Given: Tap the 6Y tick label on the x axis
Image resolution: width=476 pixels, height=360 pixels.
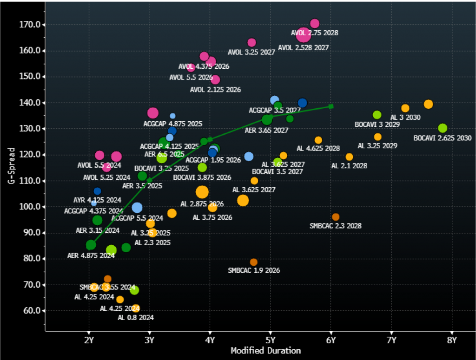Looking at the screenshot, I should coord(331,340).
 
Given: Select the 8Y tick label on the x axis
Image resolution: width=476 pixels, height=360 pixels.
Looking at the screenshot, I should coord(452,340).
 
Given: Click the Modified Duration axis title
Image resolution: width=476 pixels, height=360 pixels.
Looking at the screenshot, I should coord(265,351).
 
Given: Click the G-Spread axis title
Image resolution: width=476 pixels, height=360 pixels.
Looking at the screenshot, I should coord(11,166).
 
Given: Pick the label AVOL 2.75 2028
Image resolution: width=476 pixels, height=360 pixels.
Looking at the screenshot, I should coord(314,33).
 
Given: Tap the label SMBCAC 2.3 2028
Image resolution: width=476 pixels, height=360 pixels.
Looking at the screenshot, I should coord(335,226).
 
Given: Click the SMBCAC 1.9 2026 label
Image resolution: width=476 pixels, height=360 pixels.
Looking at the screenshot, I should coord(254,270).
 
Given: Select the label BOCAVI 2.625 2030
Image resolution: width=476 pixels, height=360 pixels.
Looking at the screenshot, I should coord(443,138).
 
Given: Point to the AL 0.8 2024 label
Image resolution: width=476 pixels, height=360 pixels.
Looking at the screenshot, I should coord(135,318).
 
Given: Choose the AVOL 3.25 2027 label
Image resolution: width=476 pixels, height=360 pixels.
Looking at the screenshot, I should coord(251,52).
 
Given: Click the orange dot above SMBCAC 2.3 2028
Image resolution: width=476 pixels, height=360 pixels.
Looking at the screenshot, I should coord(336,217).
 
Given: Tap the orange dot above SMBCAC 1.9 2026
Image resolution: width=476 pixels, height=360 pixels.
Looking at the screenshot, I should coord(253,262).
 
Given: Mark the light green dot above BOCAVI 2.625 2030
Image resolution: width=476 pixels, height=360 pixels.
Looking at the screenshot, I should coord(443,128).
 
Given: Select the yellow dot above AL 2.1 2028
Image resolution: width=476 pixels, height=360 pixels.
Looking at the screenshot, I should coord(349,157).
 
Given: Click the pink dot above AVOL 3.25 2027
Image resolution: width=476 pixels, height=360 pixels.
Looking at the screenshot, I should coord(251,43).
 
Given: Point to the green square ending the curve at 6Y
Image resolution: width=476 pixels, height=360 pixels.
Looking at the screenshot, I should coord(331,106).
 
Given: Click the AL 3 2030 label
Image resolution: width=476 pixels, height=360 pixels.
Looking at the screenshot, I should coord(405,118).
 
